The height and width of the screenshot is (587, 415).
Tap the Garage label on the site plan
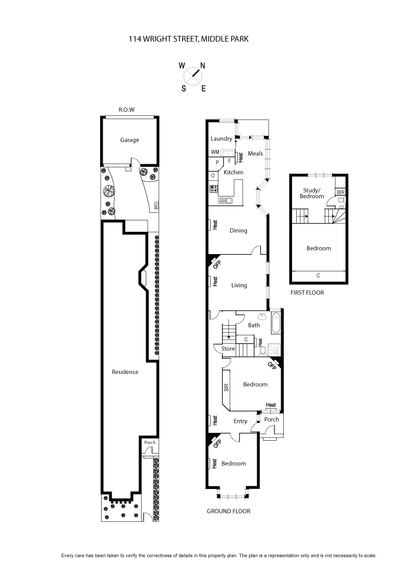(x=130, y=140)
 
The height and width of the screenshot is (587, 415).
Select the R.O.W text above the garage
(x=127, y=110)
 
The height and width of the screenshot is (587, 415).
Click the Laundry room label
(x=221, y=138)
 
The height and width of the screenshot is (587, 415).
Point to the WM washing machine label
(x=215, y=152)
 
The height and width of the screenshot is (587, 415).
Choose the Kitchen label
(x=233, y=172)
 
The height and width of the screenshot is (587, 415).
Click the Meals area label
(x=255, y=153)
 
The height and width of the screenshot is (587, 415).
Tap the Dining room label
(x=239, y=231)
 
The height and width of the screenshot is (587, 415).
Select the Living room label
(x=239, y=285)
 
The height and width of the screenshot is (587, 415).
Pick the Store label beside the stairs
(x=228, y=349)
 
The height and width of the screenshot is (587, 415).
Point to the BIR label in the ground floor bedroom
(x=226, y=387)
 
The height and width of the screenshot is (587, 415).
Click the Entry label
(x=240, y=421)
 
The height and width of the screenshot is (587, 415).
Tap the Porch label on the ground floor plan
(x=272, y=420)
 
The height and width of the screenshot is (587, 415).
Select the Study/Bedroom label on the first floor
(x=313, y=193)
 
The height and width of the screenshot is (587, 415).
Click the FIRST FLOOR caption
(x=307, y=292)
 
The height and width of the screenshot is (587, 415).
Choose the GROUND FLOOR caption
(x=228, y=511)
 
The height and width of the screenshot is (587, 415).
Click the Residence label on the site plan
(x=125, y=372)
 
